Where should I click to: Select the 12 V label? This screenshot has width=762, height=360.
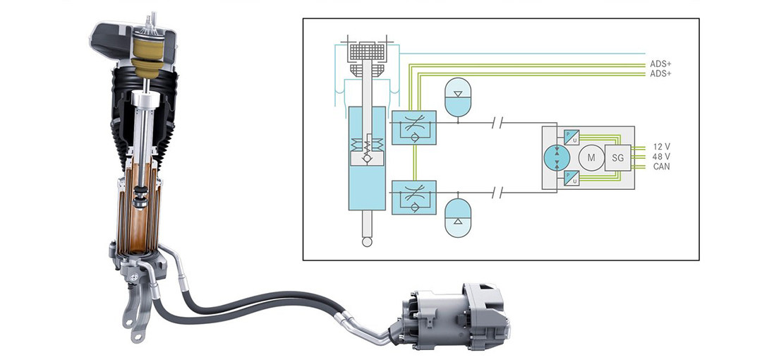pyautogui.click(x=661, y=147)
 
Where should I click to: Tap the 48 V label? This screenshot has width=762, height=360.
pyautogui.click(x=661, y=157)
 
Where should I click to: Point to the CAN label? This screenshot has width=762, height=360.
pyautogui.click(x=661, y=167)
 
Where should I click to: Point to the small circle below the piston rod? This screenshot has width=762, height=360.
pyautogui.click(x=367, y=242)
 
